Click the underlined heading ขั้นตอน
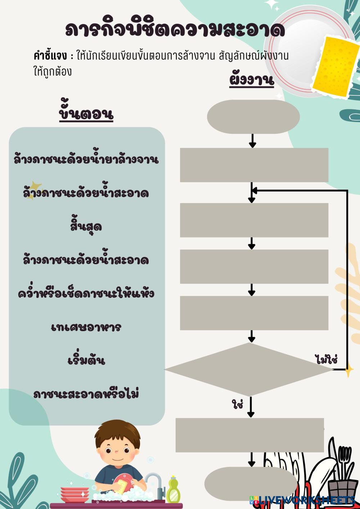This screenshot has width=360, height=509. point(86,114)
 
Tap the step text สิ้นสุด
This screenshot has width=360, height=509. point(86,226)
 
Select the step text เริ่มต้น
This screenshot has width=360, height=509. point(86,360)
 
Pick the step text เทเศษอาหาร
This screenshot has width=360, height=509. point(86,327)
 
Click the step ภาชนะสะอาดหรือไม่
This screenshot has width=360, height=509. point(86,394)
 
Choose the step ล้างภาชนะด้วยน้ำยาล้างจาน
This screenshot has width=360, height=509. point(86,159)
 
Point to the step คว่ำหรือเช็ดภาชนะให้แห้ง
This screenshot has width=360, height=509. point(86,294)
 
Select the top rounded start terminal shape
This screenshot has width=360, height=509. point(253,116)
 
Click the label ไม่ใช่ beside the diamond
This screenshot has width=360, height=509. point(325,359)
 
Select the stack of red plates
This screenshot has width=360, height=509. point(75,495)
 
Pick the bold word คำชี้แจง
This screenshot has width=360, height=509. point(50,56)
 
